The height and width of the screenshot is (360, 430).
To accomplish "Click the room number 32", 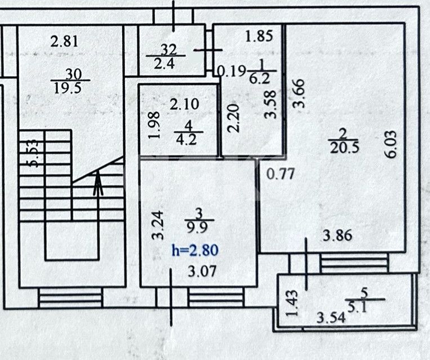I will [168, 49].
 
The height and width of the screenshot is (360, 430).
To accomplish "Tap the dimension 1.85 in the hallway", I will [259, 38].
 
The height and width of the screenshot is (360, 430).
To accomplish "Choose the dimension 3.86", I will [338, 235].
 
